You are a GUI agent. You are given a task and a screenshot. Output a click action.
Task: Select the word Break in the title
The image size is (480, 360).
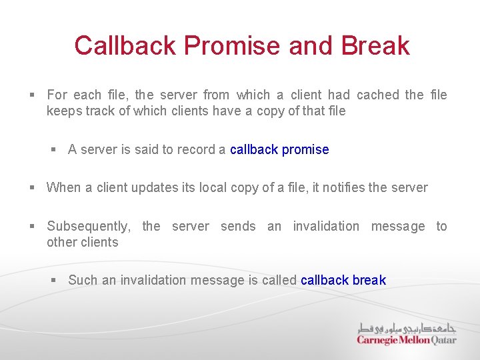point(375,46)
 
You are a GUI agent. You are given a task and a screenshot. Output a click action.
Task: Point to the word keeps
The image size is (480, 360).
point(64,111)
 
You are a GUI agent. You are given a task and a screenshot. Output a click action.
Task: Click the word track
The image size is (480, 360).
point(101,111)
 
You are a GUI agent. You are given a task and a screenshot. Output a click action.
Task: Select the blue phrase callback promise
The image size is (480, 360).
point(279,149)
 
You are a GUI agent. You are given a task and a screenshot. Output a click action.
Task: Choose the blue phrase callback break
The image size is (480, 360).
point(343,280)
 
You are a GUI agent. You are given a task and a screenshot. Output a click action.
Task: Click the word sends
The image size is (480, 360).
point(238,226)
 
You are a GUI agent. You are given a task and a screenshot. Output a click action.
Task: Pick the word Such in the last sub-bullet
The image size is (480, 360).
point(82,280)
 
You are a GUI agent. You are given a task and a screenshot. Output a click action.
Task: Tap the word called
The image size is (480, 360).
point(279,280)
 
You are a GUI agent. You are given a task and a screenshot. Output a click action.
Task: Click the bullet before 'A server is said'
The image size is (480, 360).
point(55,150)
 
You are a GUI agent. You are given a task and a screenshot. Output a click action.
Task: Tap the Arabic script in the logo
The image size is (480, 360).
point(407,327)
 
